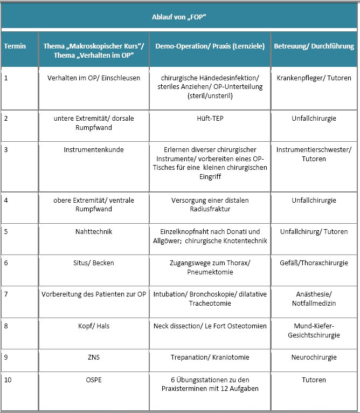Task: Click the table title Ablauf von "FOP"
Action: [x=180, y=17]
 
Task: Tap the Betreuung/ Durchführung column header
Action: [x=314, y=46]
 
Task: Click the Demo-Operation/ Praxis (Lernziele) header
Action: [x=210, y=46]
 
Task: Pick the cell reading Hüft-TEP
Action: [x=210, y=123]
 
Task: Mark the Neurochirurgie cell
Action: [x=314, y=357]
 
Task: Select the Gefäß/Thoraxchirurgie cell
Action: [x=314, y=263]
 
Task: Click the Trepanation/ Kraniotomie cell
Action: [x=210, y=357]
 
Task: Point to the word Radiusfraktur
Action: [x=210, y=209]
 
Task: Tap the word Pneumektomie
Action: [x=210, y=272]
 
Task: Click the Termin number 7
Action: [x=6, y=294]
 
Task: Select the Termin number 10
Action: [x=8, y=380]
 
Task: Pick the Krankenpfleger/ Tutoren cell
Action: [x=314, y=78]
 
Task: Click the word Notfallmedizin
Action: [x=314, y=304]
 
